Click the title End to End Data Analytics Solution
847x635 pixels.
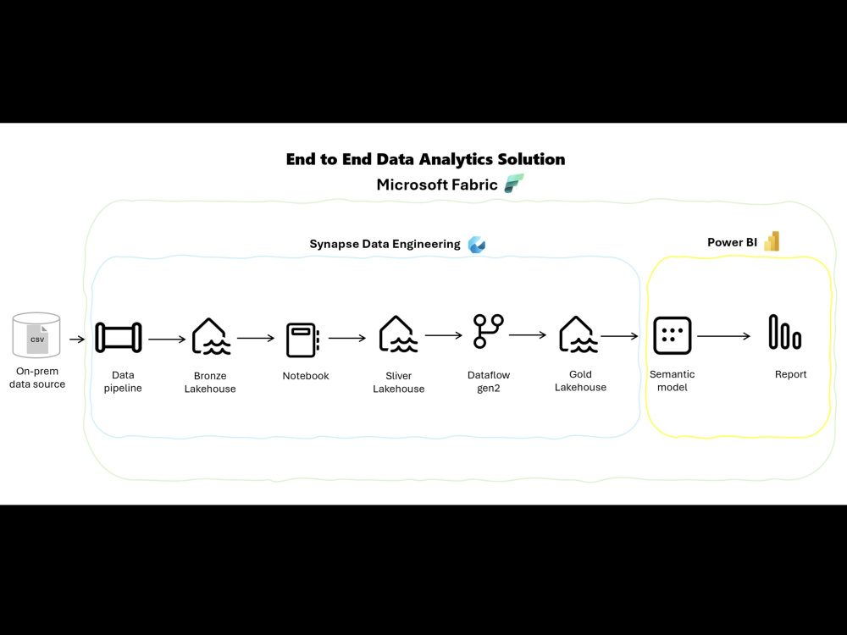pyautogui.click(x=425, y=159)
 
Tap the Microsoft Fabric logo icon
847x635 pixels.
pyautogui.click(x=513, y=184)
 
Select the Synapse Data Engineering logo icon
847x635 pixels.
pyautogui.click(x=477, y=244)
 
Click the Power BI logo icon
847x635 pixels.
pyautogui.click(x=771, y=242)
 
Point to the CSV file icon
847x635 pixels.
pyautogui.click(x=37, y=339)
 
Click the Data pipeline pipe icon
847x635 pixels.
pyautogui.click(x=119, y=337)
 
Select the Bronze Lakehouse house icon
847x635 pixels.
pyautogui.click(x=210, y=336)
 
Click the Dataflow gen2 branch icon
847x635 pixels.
pyautogui.click(x=488, y=331)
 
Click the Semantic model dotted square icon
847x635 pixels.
pyautogui.click(x=673, y=336)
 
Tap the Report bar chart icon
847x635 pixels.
pyautogui.click(x=784, y=333)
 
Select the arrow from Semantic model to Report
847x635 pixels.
pyautogui.click(x=723, y=336)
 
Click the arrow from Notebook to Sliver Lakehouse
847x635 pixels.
pyautogui.click(x=347, y=338)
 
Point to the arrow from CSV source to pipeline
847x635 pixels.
pyautogui.click(x=77, y=340)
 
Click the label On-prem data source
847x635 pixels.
pyautogui.click(x=37, y=378)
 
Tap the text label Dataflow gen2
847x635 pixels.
pyautogui.click(x=489, y=381)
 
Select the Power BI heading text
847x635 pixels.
pyautogui.click(x=732, y=243)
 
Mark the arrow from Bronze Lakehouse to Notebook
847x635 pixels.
pyautogui.click(x=256, y=338)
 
